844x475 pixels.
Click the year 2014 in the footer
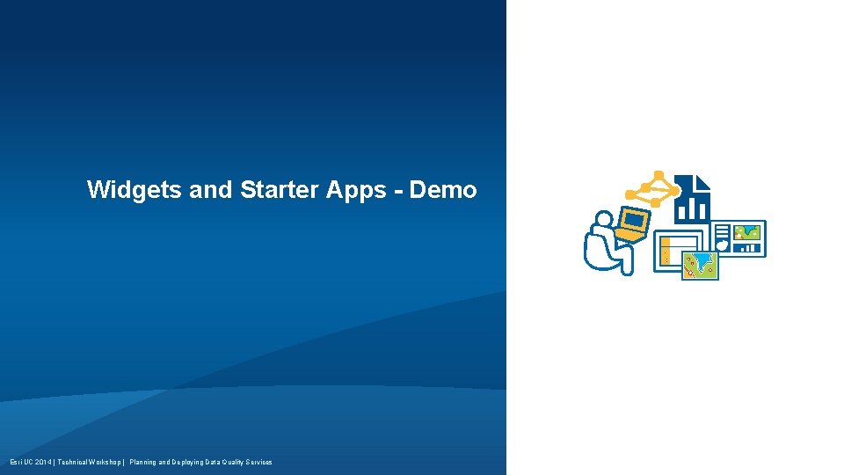pyautogui.click(x=41, y=462)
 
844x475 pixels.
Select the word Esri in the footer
pyautogui.click(x=15, y=462)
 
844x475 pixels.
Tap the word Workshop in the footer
pyautogui.click(x=105, y=462)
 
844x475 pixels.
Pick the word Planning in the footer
pyautogui.click(x=143, y=462)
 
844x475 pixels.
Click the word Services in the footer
pyautogui.click(x=258, y=462)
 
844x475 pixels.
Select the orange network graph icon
pyautogui.click(x=652, y=188)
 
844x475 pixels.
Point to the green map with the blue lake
pyautogui.click(x=701, y=265)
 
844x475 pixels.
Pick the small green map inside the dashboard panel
pyautogui.click(x=748, y=232)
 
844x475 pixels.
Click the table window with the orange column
pyautogui.click(x=673, y=251)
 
